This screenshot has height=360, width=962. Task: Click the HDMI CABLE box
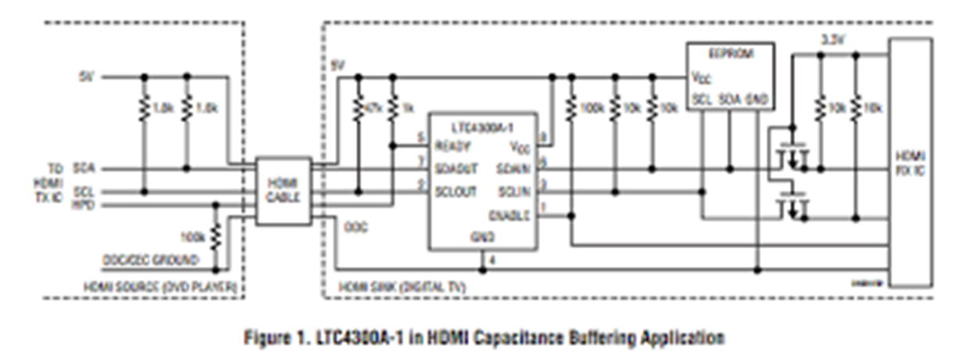pos(283,191)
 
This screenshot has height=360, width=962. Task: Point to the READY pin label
pos(453,146)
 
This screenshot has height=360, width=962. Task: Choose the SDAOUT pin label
pos(456,169)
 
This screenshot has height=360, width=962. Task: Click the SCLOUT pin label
pos(456,192)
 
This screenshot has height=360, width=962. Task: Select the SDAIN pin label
pos(513,168)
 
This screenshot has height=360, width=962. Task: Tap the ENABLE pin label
pos(510,214)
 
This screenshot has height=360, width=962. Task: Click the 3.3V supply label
pos(830,40)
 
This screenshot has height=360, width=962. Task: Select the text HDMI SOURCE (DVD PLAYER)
pos(160,287)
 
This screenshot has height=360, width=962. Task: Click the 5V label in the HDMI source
pos(86,77)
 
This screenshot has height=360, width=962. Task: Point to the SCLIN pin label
pos(514,192)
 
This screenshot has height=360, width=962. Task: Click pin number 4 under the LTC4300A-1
pos(492,259)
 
